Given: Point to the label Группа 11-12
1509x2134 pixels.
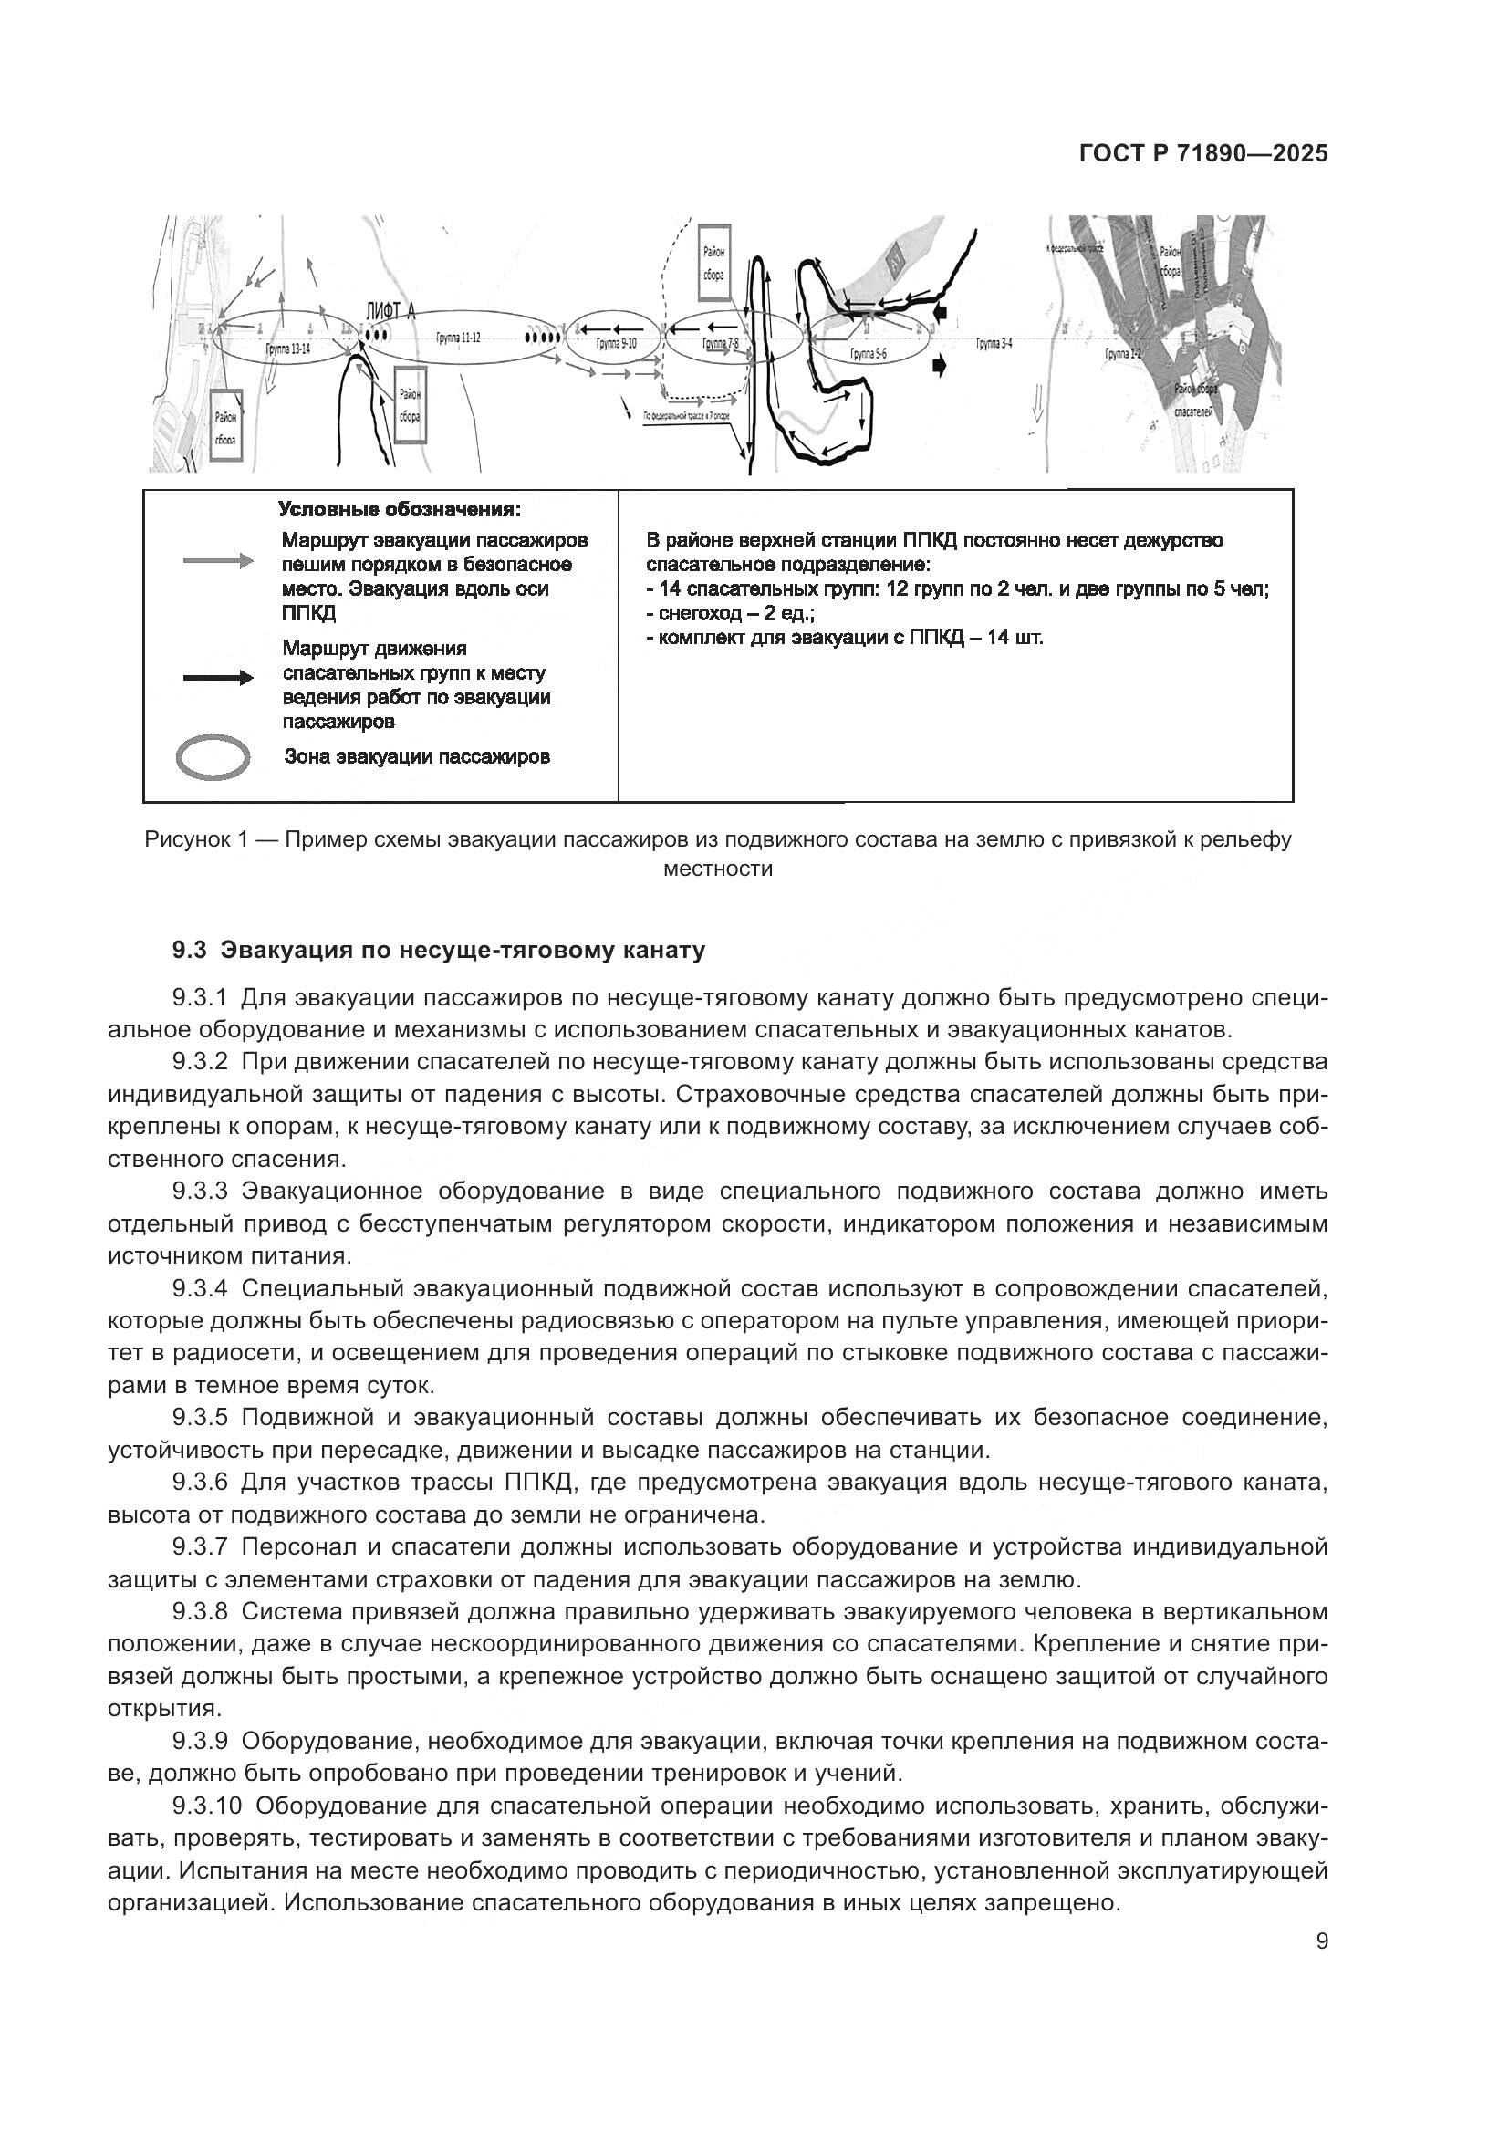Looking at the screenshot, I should click(x=458, y=338).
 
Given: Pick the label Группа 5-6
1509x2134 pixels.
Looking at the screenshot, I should click(x=869, y=354).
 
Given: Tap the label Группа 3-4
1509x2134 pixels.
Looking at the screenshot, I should click(x=994, y=343).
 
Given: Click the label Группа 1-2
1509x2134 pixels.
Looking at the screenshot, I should click(x=1122, y=354).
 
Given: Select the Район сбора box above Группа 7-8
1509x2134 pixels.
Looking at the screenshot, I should click(x=713, y=262).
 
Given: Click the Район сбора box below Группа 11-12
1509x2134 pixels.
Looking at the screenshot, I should click(x=410, y=406).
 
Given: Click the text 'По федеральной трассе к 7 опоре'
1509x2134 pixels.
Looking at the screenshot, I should click(x=692, y=416).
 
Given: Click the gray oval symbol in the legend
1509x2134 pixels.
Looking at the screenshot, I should click(x=213, y=757).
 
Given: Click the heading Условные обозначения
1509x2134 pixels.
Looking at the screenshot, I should click(x=400, y=510).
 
